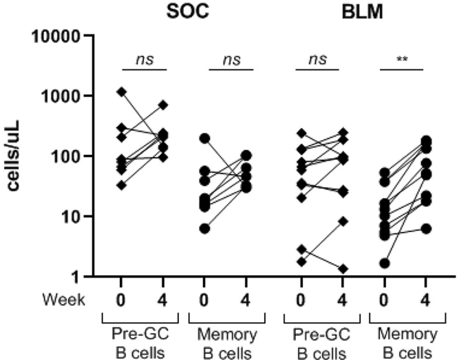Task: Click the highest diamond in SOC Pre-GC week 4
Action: [x=162, y=105]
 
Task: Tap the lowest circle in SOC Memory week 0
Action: [x=205, y=229]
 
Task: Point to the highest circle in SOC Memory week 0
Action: [x=205, y=138]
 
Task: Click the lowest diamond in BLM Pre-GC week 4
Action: [x=343, y=269]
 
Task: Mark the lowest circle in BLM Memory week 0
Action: [x=384, y=264]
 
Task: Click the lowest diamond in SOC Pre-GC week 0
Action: [x=122, y=185]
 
